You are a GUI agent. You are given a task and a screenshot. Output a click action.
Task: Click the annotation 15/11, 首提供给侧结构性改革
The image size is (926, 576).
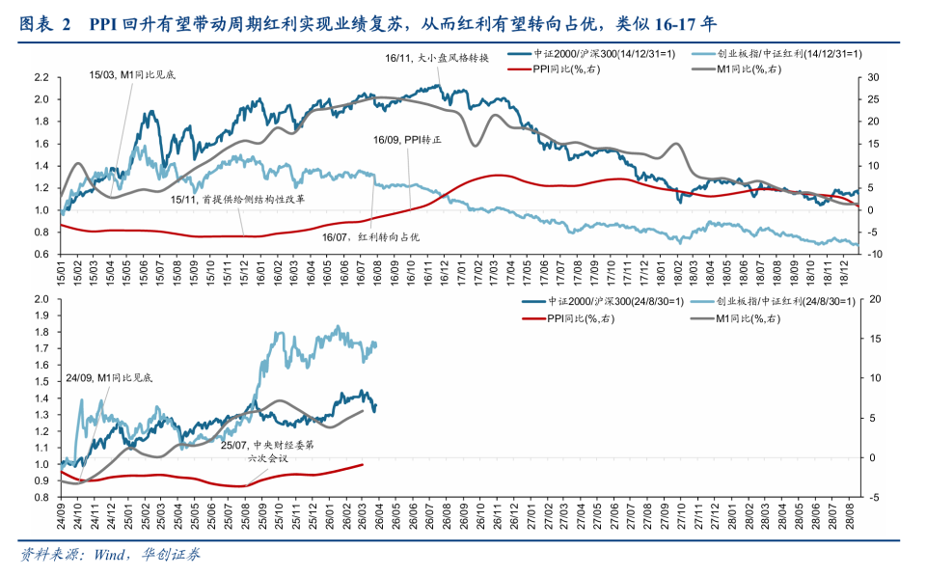tap(237, 200)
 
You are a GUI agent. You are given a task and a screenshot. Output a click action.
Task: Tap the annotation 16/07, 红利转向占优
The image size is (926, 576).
tap(376, 236)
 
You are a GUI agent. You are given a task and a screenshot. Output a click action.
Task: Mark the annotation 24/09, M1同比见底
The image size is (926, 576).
tap(109, 378)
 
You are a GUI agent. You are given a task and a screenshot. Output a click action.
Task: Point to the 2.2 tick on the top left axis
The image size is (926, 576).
tap(41, 77)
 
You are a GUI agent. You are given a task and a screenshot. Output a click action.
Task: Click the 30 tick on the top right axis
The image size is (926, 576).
tap(873, 77)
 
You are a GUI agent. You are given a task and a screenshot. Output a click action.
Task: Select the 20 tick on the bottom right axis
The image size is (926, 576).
tap(873, 299)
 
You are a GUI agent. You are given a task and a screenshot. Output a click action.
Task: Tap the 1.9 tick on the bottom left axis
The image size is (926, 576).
tap(41, 315)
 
